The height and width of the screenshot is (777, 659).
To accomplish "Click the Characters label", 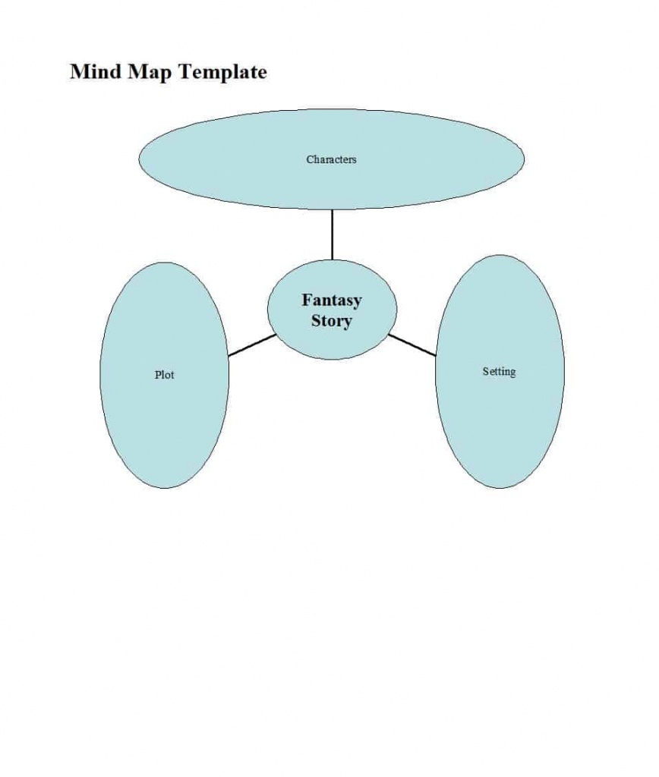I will point(331,159).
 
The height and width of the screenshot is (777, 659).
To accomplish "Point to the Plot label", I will point(164,375).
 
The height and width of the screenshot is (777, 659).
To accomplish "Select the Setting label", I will point(499,372).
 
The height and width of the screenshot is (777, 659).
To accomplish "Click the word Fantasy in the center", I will point(332,300).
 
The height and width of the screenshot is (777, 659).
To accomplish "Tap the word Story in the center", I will point(332,321).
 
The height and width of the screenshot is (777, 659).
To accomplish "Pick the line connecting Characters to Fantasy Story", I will point(332,234).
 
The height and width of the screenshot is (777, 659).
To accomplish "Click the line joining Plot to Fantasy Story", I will point(251,345).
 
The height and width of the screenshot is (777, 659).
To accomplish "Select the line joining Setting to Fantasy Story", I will point(412,344).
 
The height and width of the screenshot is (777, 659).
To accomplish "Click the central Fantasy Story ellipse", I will point(332,341).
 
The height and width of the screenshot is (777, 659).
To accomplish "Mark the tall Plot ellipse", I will point(164,433).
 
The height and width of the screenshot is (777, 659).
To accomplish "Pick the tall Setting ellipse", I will point(500,433).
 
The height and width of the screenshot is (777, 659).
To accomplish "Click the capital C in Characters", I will point(310,159).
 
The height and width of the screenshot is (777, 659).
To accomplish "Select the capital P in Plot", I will point(157,375).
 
